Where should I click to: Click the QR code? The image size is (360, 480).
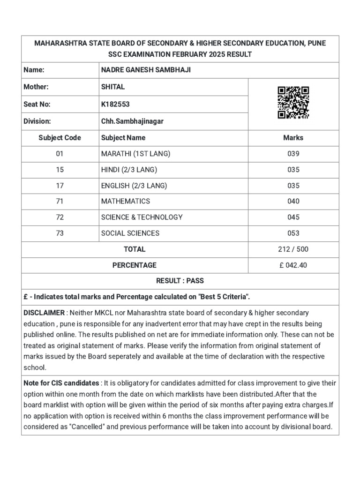coord(293,103)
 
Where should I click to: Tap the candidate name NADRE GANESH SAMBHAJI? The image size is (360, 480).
coord(146,70)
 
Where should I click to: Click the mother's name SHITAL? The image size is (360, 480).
coord(113,87)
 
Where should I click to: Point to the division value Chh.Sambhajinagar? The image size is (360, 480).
coord(133,121)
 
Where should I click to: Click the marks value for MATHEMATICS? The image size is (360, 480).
coord(293,202)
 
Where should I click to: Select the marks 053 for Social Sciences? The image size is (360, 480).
coord(293,233)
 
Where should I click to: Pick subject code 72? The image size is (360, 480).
coord(60,217)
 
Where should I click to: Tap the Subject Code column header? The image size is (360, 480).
coord(60,138)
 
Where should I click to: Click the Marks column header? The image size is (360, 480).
coord(293,138)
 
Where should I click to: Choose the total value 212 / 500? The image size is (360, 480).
coord(293,249)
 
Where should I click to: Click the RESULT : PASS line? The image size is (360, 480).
coord(180,281)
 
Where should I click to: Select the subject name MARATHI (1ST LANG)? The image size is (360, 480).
coord(135,154)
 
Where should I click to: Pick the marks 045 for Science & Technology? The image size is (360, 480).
coord(293,217)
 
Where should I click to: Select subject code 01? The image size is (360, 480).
coord(60,154)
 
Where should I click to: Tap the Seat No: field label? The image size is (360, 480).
coord(37,105)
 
